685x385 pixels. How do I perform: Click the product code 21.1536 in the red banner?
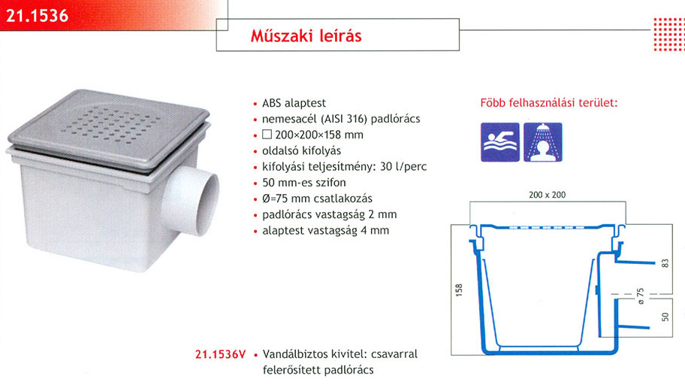(x=38, y=17)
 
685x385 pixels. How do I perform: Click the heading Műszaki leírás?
(x=306, y=35)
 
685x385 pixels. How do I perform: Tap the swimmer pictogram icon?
(x=500, y=142)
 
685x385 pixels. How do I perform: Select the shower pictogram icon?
(x=543, y=142)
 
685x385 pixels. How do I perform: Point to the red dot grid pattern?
(x=669, y=35)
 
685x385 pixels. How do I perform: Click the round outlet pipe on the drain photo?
(x=192, y=202)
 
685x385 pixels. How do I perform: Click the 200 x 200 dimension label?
(x=547, y=195)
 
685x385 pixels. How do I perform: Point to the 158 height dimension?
(x=459, y=290)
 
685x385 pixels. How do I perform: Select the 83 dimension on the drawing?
(x=665, y=263)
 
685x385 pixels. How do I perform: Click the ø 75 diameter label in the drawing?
(x=641, y=296)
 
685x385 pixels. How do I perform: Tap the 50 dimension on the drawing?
(x=665, y=317)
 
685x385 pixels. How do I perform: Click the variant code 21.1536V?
(x=221, y=354)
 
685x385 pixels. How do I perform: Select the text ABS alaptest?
(x=294, y=103)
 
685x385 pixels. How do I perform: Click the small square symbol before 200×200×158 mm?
(x=267, y=135)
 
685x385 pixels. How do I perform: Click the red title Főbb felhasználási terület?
(x=549, y=103)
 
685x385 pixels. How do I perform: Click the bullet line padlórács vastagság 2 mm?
(x=330, y=215)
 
